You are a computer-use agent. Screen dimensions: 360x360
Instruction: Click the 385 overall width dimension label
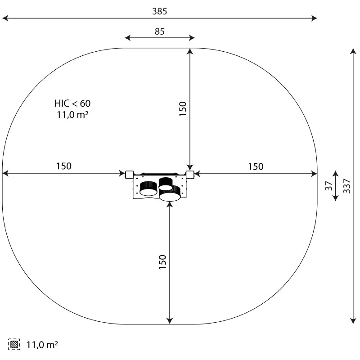[159, 11]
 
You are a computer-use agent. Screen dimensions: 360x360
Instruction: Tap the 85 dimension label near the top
[159, 31]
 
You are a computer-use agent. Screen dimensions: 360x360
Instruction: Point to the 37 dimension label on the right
[328, 185]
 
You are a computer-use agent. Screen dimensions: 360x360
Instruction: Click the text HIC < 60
[72, 103]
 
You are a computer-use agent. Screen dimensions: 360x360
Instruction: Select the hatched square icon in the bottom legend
[14, 345]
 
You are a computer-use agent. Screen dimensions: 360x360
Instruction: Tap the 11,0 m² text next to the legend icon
[42, 345]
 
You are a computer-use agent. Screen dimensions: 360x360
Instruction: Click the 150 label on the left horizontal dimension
[63, 166]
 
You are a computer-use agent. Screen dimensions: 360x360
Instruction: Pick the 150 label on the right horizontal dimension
[256, 166]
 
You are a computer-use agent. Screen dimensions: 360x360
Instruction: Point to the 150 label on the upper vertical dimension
[183, 109]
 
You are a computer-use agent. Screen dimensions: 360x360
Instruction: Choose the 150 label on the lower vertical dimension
[163, 262]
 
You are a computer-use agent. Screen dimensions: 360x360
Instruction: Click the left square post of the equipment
[129, 174]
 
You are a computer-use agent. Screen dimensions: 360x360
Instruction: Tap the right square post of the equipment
[190, 174]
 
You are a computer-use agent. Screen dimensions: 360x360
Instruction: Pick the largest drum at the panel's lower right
[170, 194]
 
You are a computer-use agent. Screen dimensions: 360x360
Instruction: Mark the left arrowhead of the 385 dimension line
[4, 18]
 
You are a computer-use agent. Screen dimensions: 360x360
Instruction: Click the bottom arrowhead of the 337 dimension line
[353, 320]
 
